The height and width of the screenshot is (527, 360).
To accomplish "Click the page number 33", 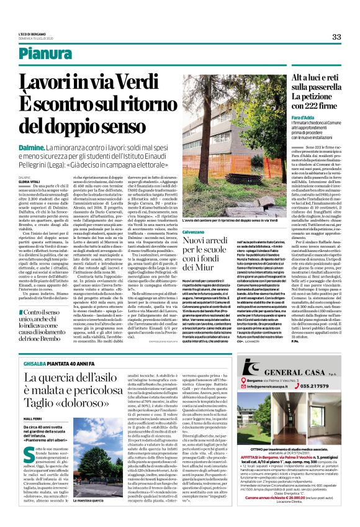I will tap(336, 37).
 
